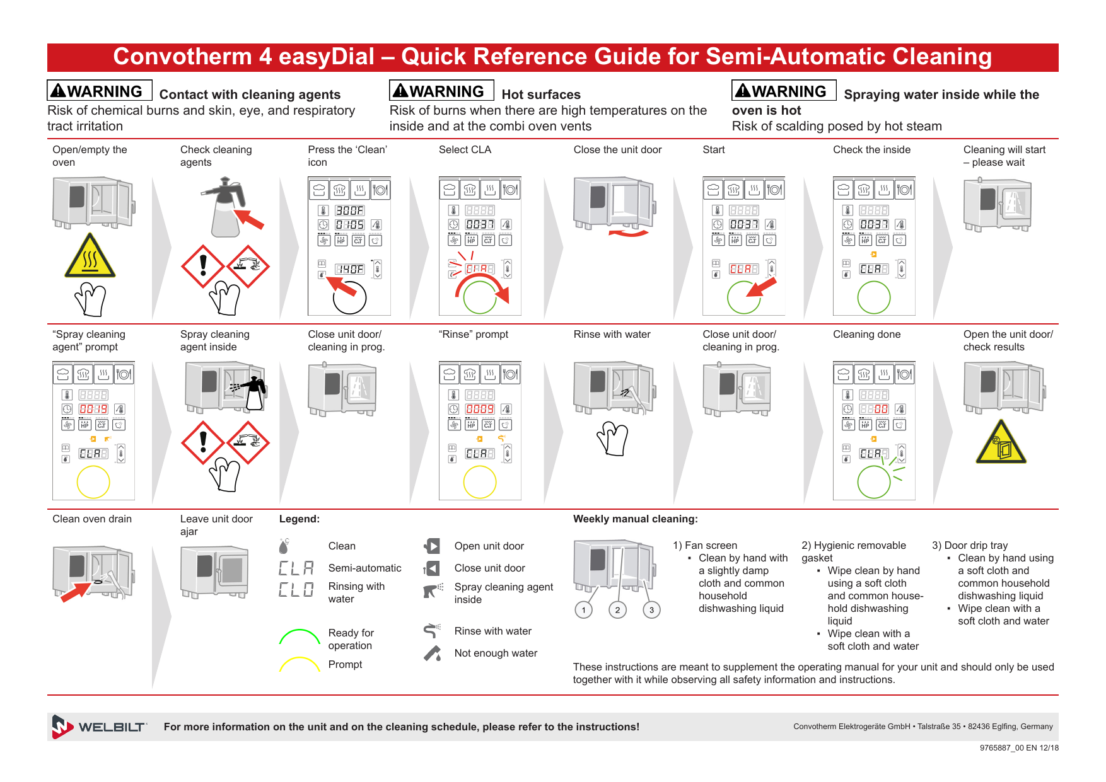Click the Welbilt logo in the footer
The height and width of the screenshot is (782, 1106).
pyautogui.click(x=99, y=727)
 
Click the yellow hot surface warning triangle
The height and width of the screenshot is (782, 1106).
pyautogui.click(x=90, y=257)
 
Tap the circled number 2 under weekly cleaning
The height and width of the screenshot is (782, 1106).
pyautogui.click(x=617, y=609)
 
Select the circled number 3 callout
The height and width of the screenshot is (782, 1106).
pyautogui.click(x=651, y=609)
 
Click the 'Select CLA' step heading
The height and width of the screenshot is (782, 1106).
pyautogui.click(x=465, y=150)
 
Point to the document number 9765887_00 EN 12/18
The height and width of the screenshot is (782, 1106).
pyautogui.click(x=1018, y=748)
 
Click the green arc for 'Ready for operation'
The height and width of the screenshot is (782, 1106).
pyautogui.click(x=300, y=636)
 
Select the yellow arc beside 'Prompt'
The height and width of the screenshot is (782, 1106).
pyautogui.click(x=300, y=664)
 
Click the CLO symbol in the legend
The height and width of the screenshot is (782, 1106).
pyautogui.click(x=296, y=590)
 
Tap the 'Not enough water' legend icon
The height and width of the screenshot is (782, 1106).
pyautogui.click(x=433, y=653)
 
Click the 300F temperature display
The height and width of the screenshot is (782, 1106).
pyautogui.click(x=349, y=210)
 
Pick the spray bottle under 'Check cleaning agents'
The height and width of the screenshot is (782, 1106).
pyautogui.click(x=225, y=207)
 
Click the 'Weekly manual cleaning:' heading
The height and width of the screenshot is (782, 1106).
pyautogui.click(x=635, y=519)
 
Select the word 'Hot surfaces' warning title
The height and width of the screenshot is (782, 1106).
pyautogui.click(x=541, y=95)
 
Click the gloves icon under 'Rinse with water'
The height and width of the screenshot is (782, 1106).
pyautogui.click(x=612, y=438)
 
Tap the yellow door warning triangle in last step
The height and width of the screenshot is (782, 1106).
pyautogui.click(x=1001, y=444)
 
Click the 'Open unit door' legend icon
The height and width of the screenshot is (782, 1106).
pyautogui.click(x=433, y=546)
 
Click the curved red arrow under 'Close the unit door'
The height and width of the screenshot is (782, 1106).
pyautogui.click(x=628, y=234)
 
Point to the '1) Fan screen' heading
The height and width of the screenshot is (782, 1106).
pyautogui.click(x=704, y=546)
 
